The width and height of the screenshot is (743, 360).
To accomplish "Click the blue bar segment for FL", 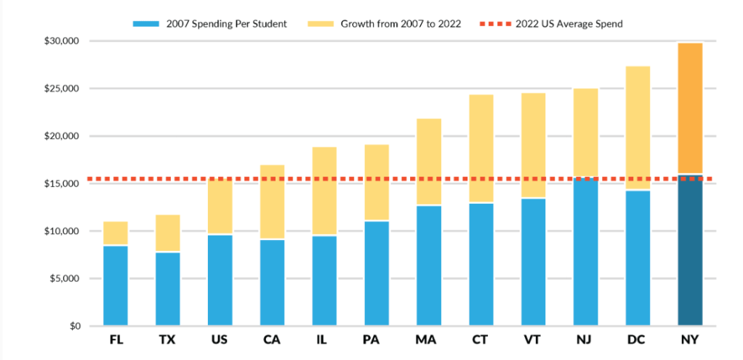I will pos(116,286).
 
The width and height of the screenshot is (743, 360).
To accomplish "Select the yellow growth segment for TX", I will pos(168,233).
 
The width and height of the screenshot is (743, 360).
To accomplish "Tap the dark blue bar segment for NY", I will pos(690,249).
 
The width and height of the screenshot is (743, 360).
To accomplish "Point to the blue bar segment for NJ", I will pos(585,252).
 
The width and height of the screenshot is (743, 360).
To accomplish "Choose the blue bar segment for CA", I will pos(272,282).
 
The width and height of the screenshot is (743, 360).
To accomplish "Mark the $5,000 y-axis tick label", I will pos(65,279).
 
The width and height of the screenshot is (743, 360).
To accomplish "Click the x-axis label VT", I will pos(534,340).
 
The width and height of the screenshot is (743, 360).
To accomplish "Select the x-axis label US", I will pos(220,340).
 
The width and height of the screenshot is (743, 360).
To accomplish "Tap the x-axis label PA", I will pos(377,340).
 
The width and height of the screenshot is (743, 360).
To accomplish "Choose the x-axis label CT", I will pos(481,340).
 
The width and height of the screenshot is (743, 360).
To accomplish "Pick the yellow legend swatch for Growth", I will pos(326,24).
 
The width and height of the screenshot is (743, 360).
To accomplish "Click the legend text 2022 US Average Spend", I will pos(569,24).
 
